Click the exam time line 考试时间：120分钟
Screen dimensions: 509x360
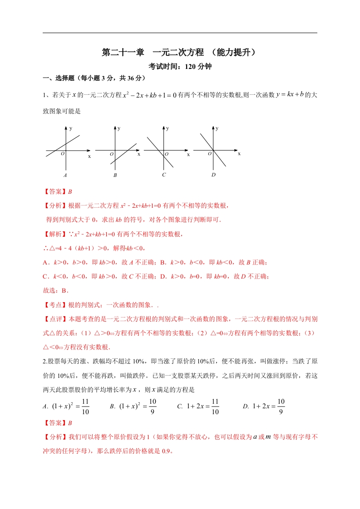click(180, 66)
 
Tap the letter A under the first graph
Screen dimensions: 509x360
click(65, 175)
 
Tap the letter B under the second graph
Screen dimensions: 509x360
click(115, 175)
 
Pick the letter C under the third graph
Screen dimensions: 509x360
click(164, 175)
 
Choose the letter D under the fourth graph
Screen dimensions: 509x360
click(213, 175)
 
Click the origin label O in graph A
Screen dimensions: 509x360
click(62, 154)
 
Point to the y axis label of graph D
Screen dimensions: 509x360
click(217, 129)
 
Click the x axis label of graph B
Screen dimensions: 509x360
click(139, 154)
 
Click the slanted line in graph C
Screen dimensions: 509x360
click(156, 145)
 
